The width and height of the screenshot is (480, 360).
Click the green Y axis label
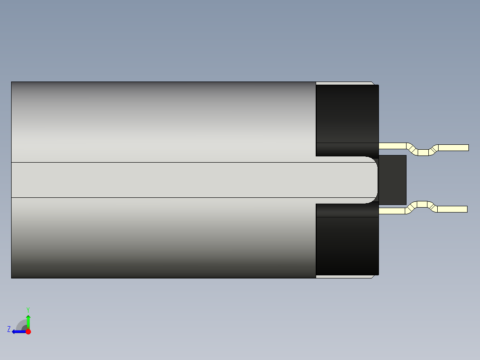(28, 309)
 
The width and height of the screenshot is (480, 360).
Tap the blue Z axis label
(9, 329)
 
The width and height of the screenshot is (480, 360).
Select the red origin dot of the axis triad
(28, 331)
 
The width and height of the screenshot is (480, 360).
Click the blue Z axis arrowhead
(14, 331)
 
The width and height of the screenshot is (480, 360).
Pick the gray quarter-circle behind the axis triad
(21, 325)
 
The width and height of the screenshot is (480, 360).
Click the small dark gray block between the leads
(392, 180)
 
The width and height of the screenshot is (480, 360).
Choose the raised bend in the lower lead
(423, 205)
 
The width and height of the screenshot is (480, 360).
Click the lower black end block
(347, 245)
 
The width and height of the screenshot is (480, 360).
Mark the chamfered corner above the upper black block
(373, 83)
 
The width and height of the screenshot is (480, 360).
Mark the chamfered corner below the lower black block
(373, 277)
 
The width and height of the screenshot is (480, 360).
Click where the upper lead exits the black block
(380, 146)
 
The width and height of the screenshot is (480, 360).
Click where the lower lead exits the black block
(380, 210)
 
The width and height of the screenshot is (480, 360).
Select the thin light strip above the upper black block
(343, 83)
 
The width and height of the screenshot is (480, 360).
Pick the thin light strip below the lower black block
(343, 277)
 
